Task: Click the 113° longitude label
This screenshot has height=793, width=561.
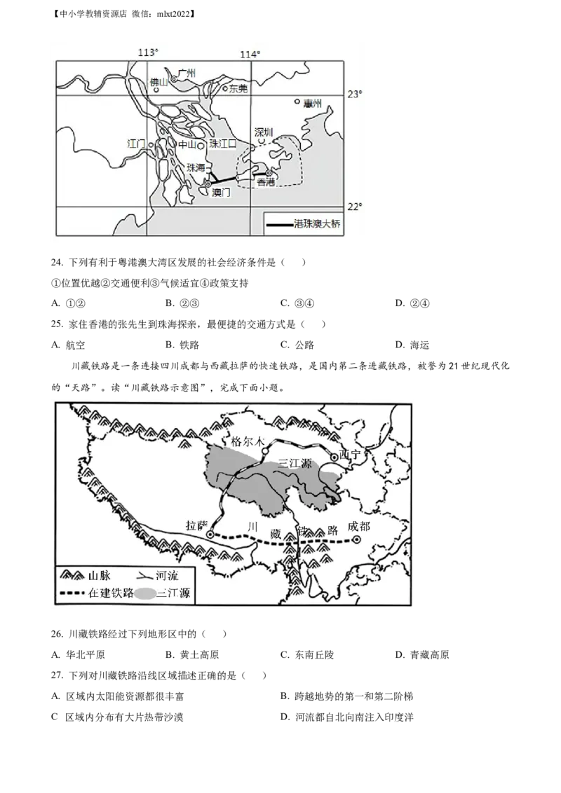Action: pyautogui.click(x=148, y=53)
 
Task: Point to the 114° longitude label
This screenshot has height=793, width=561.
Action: pyautogui.click(x=250, y=55)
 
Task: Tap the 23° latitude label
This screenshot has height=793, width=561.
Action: pyautogui.click(x=356, y=95)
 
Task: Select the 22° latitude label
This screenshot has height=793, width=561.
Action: pyautogui.click(x=356, y=206)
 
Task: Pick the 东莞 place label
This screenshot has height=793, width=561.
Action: pyautogui.click(x=238, y=89)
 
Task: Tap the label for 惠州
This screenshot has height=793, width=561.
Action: pyautogui.click(x=313, y=103)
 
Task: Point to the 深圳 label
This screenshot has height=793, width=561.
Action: pyautogui.click(x=263, y=132)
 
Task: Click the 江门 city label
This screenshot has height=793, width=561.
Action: pyautogui.click(x=136, y=144)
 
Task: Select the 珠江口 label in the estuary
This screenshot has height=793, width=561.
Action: pyautogui.click(x=223, y=144)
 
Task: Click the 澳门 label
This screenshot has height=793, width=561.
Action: pyautogui.click(x=221, y=192)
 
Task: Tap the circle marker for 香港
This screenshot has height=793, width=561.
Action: pyautogui.click(x=269, y=172)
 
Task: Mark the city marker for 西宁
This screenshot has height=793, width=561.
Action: pyautogui.click(x=334, y=457)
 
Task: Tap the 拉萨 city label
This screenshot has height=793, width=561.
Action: pyautogui.click(x=198, y=525)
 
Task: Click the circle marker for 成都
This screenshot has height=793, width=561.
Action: pyautogui.click(x=356, y=539)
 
